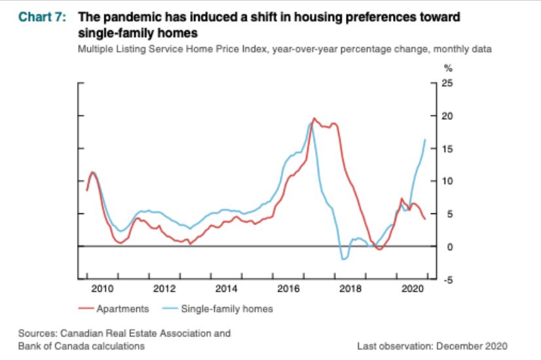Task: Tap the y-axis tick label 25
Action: (x=447, y=83)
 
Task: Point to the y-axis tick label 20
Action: (x=447, y=116)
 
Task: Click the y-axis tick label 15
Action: (x=447, y=149)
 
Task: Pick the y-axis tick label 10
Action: (x=447, y=181)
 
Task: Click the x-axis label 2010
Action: (x=103, y=288)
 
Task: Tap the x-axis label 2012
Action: (x=164, y=288)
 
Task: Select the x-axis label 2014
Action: (x=226, y=288)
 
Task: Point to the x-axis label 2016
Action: (x=288, y=288)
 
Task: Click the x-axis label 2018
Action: (x=349, y=288)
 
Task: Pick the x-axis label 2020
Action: (x=411, y=288)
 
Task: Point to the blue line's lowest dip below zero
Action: (x=344, y=260)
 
